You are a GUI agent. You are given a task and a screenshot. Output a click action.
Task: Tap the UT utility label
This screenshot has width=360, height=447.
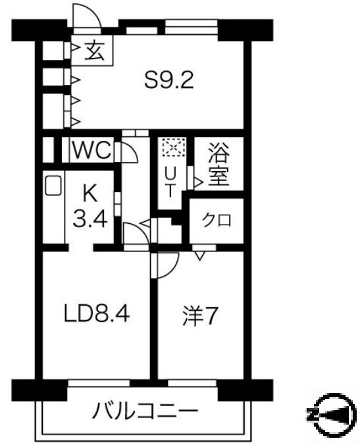(x=169, y=181)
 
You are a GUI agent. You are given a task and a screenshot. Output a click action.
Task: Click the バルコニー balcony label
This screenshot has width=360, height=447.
(x=145, y=413)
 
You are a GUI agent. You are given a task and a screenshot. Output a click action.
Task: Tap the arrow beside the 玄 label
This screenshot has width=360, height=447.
(x=76, y=49)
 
